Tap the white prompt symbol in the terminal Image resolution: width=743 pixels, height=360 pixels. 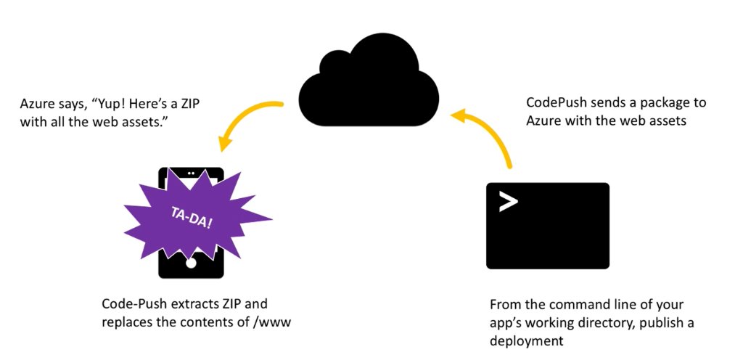(x=508, y=201)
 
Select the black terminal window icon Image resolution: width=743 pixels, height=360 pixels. (x=547, y=226)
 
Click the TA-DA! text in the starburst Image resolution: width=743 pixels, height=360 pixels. (x=192, y=218)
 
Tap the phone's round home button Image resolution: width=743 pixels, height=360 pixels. (x=191, y=263)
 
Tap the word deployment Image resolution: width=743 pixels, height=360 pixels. (x=526, y=338)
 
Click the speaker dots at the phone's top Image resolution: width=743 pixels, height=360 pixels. (x=191, y=173)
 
